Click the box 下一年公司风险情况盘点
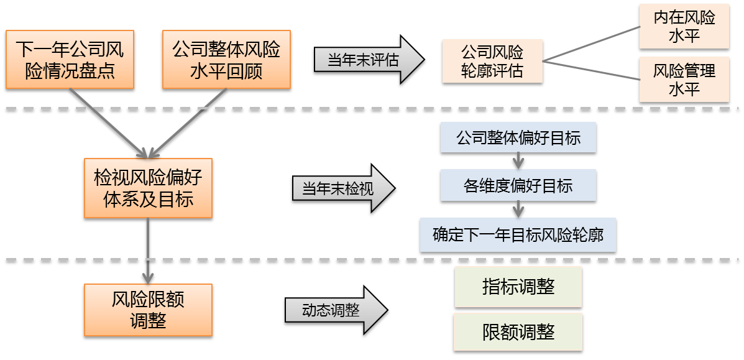point(70,59)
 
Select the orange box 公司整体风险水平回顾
point(226,59)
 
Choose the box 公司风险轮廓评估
point(492,61)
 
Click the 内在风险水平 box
point(684,27)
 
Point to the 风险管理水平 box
point(684,80)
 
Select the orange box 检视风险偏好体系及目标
point(148,188)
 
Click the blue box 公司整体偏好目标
point(518,137)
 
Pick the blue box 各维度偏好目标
point(518,185)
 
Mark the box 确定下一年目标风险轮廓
point(518,235)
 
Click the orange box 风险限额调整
point(148,310)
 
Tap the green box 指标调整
point(518,287)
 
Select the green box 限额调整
point(518,331)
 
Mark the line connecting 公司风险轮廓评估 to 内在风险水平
point(590,44)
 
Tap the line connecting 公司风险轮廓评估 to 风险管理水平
point(590,70)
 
